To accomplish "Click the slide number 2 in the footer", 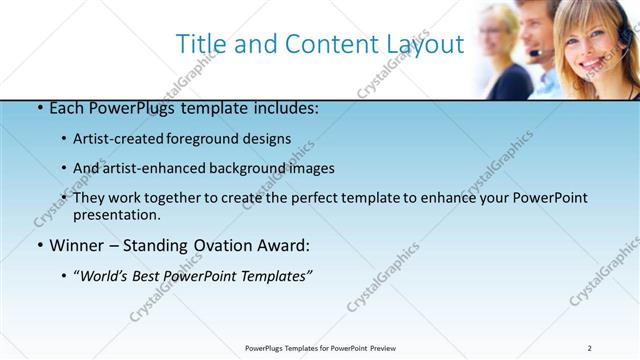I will coord(590,348).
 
